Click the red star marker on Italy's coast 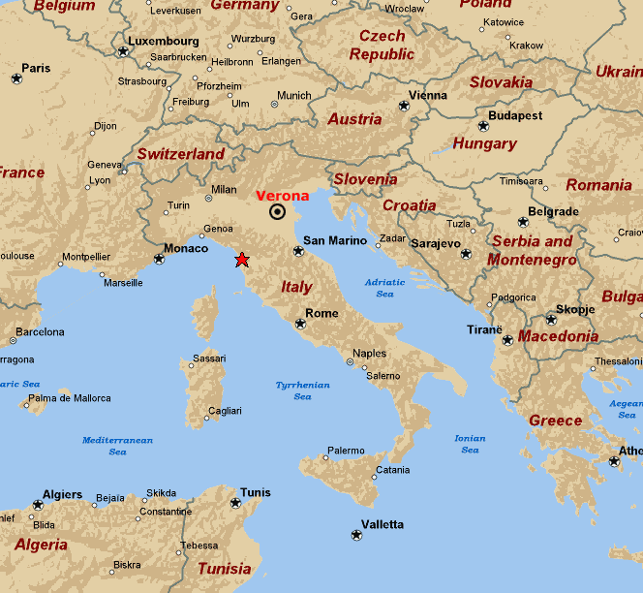point(241,260)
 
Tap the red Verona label point(282,196)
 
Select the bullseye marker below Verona point(278,212)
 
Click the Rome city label point(321,313)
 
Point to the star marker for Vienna point(404,107)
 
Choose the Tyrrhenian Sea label point(302,390)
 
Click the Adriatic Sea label point(384,288)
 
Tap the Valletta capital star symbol point(356,535)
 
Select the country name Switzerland point(181,154)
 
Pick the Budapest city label point(515,115)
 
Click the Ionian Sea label point(470,444)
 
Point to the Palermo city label point(346,451)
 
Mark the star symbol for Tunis point(235,503)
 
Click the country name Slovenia point(365,179)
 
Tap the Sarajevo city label point(436,243)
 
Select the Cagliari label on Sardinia point(224,411)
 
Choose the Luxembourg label point(164,42)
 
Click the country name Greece point(555,421)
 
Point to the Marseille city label point(123,283)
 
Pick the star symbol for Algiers point(38,505)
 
